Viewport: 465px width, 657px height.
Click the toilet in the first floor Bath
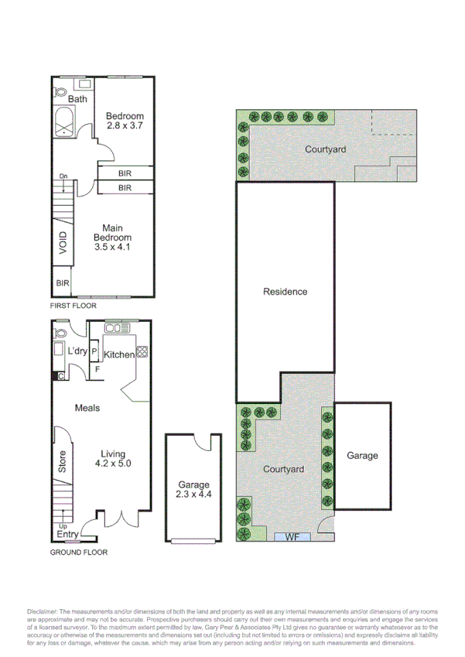click(x=62, y=92)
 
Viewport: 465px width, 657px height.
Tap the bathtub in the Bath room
click(x=63, y=123)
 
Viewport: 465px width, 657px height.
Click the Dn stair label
click(x=63, y=176)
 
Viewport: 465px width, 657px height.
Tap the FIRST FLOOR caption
click(x=73, y=306)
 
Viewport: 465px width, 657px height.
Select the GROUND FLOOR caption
click(x=78, y=553)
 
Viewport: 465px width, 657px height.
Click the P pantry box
click(x=94, y=352)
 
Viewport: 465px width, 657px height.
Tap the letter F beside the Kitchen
click(x=97, y=369)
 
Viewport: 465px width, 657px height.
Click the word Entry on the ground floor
click(x=67, y=534)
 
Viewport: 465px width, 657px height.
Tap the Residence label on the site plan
click(x=285, y=292)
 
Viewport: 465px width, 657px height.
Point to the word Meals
click(x=87, y=408)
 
